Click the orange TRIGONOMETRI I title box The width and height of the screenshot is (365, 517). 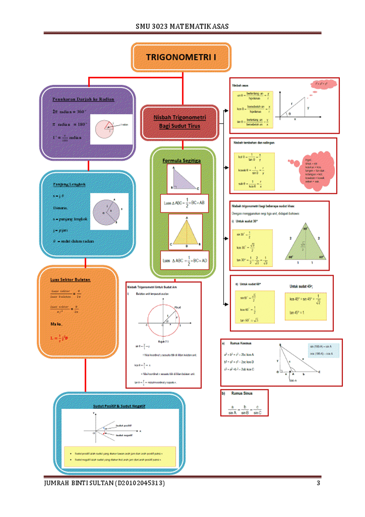[x=181, y=57]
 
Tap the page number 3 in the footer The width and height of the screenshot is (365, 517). [x=319, y=484]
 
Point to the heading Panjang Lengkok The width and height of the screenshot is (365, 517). [x=69, y=184]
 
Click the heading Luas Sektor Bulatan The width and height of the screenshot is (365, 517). [x=70, y=279]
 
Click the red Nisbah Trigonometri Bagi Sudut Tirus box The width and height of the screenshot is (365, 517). [x=179, y=122]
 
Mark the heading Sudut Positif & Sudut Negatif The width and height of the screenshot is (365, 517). [x=119, y=405]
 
